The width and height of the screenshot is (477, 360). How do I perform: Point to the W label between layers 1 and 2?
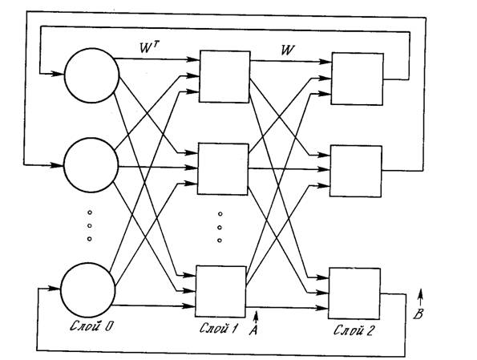(288, 50)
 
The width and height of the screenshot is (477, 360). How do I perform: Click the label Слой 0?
(91, 326)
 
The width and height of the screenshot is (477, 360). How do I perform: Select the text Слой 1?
(218, 328)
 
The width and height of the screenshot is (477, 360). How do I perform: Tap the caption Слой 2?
(354, 330)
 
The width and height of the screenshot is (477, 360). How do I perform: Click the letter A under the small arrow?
(253, 330)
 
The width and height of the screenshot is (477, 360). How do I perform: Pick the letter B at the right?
(418, 313)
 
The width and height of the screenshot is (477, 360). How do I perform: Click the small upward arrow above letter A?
(257, 317)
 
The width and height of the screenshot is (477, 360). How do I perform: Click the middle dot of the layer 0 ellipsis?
(90, 226)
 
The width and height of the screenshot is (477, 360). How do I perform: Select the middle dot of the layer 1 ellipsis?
(220, 228)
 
